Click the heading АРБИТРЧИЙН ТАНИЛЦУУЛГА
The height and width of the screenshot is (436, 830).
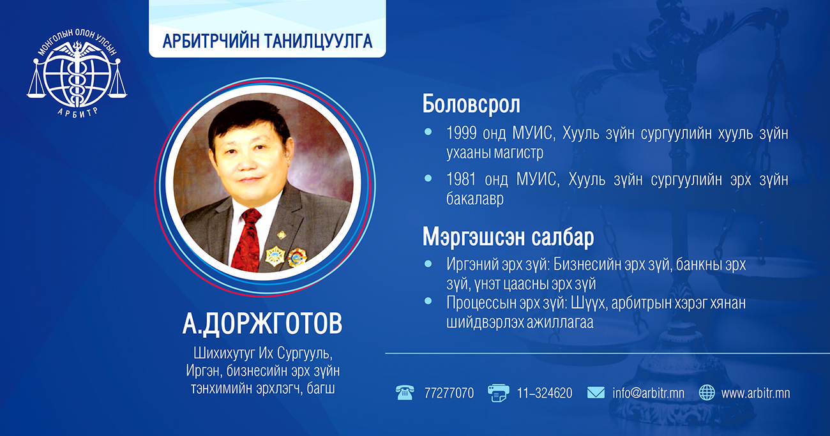[x=267, y=41]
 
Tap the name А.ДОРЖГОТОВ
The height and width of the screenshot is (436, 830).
[x=262, y=324]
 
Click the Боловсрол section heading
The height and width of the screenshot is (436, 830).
[x=471, y=104]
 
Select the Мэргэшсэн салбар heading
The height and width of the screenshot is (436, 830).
[x=508, y=237]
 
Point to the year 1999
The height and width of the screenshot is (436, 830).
[x=462, y=133]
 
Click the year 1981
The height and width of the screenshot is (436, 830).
[x=462, y=179]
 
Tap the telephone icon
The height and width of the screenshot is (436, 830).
[x=405, y=393]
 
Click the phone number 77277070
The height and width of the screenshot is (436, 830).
[x=449, y=393]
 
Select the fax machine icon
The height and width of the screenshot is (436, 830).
[x=499, y=393]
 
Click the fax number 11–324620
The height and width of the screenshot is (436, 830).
[x=545, y=393]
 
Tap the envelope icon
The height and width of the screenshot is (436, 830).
[x=596, y=393]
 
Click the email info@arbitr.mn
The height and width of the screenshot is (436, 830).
[x=649, y=393]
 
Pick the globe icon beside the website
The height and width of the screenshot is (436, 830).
[x=707, y=393]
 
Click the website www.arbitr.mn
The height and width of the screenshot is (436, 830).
[x=755, y=393]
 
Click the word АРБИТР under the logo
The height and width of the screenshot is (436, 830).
[x=78, y=112]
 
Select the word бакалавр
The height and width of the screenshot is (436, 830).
[x=475, y=199]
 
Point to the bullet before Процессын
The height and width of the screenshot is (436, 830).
[x=428, y=301]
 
